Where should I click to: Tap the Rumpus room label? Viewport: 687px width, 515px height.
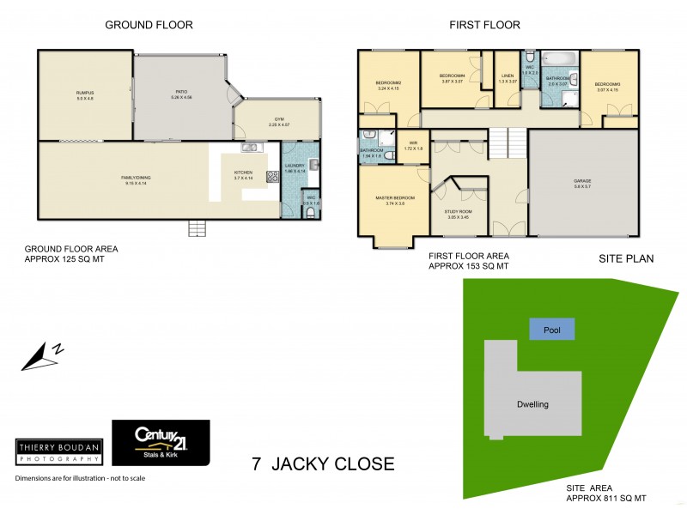coord(83,92)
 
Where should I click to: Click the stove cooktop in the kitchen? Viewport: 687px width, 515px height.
coord(273,178)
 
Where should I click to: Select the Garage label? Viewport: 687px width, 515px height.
coord(583,180)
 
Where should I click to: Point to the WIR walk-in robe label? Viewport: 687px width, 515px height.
coord(413,144)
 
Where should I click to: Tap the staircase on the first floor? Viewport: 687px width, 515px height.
coord(507,142)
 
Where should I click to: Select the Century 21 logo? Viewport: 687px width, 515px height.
coord(161,443)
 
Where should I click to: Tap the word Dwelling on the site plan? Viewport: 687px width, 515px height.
coord(532,404)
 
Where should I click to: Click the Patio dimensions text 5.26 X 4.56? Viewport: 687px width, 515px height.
coord(181,97)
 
